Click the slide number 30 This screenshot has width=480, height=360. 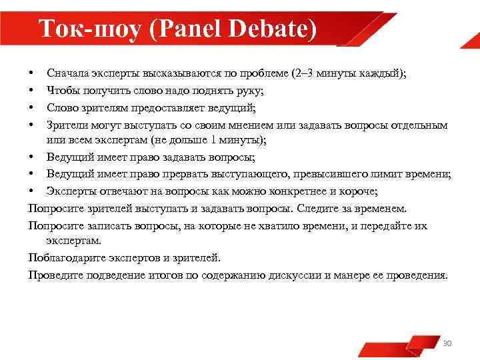point(447,343)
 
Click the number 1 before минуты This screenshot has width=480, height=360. point(213,140)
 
